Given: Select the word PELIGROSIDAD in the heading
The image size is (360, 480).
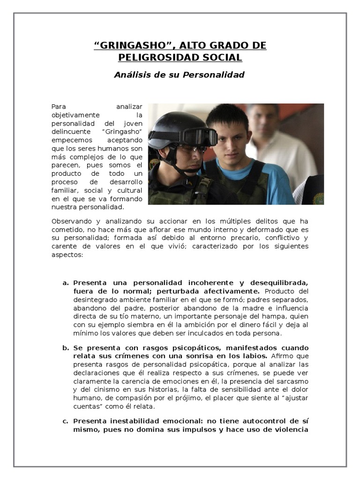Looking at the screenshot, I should (162, 57).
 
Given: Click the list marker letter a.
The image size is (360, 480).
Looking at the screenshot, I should (65, 283).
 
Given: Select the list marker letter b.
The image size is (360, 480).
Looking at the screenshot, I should (65, 348).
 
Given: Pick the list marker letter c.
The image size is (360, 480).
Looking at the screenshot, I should (65, 420).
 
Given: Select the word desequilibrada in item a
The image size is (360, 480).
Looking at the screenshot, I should (280, 283).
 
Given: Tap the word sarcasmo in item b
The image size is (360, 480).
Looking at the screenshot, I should (292, 381).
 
